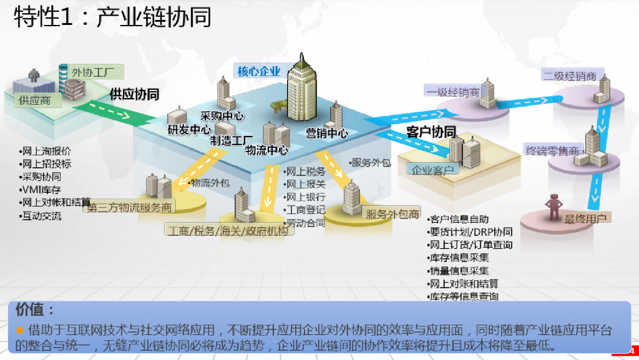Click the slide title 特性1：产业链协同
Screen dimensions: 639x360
[x=113, y=17]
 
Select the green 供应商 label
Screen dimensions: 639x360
[x=35, y=99]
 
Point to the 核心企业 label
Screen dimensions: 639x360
[x=259, y=71]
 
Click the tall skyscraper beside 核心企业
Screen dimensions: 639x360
[x=303, y=90]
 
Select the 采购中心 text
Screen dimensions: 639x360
[x=222, y=116]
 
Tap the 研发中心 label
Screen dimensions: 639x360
[x=189, y=130]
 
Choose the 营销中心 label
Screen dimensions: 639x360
[x=326, y=133]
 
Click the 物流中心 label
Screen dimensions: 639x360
[x=266, y=150]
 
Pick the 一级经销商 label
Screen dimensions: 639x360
[x=453, y=92]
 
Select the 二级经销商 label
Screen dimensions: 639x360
[x=569, y=76]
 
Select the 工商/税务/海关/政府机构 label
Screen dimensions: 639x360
[x=228, y=231]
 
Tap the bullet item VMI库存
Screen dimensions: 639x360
[x=41, y=189]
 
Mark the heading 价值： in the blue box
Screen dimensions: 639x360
[x=36, y=309]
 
